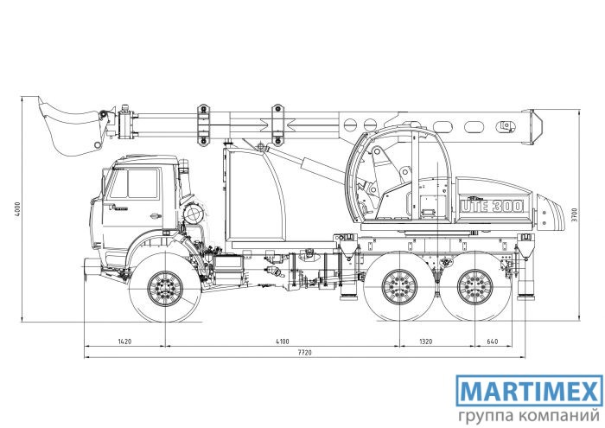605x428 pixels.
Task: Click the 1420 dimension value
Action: coord(124,342)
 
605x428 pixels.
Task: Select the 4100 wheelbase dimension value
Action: coord(282,342)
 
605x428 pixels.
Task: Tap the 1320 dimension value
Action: coord(425,342)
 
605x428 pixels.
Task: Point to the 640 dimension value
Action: coord(493,342)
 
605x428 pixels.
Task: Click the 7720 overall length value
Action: coord(305,353)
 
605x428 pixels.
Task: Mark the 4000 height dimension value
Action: coord(17,209)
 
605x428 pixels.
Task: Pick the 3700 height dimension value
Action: coord(574,214)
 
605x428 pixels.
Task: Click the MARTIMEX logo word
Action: coord(529,390)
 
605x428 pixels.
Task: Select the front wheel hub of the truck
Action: coord(165,288)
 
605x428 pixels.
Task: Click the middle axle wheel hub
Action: coord(399,286)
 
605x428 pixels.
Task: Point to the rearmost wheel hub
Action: coord(475,286)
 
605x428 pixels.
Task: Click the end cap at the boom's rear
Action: coord(533,127)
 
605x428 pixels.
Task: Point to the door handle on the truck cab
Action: coord(155,216)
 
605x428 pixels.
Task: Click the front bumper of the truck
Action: coord(91,267)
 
